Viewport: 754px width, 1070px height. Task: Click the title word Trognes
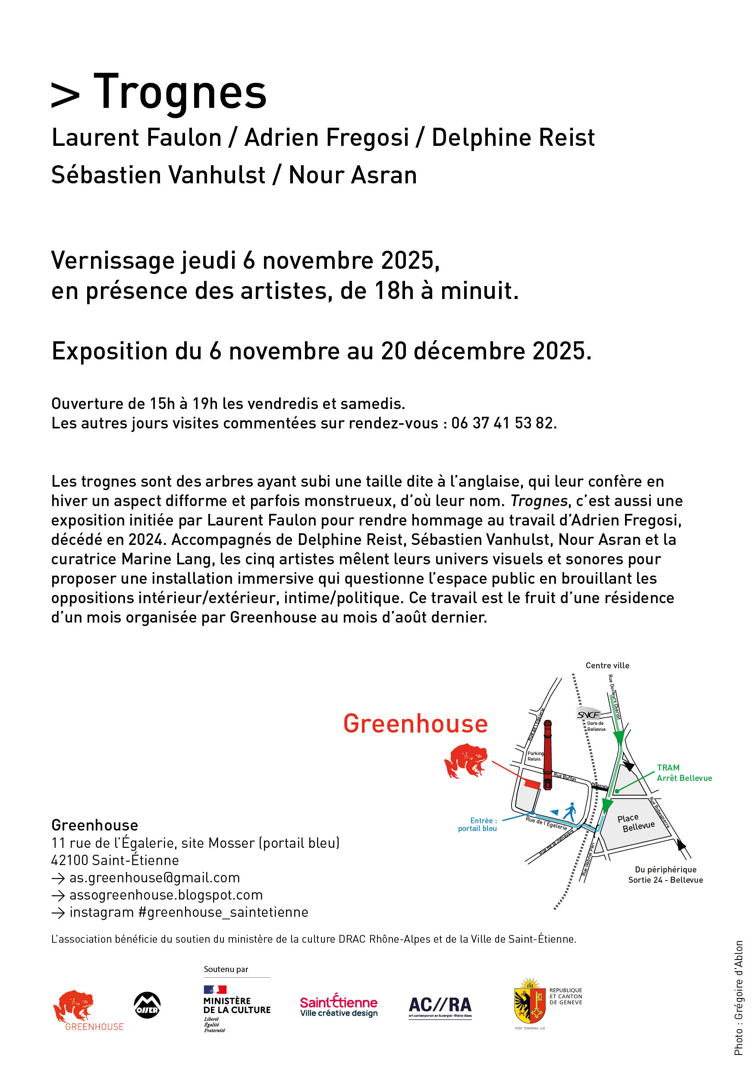(180, 92)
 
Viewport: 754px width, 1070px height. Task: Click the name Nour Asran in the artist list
(352, 175)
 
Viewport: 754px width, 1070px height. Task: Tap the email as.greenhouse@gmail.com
(154, 878)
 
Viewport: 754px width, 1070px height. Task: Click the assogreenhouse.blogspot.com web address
(166, 895)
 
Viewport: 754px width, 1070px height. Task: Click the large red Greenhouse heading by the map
(415, 724)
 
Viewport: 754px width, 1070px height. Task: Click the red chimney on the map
(547, 754)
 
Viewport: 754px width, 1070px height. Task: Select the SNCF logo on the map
(588, 715)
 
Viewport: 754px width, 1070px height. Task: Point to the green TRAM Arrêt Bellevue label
(684, 773)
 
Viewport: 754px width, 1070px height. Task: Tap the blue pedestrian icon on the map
(569, 812)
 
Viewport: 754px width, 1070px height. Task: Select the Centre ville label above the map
(607, 665)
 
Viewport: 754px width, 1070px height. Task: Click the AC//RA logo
(440, 1007)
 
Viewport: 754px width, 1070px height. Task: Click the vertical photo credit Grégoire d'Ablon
(738, 997)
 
